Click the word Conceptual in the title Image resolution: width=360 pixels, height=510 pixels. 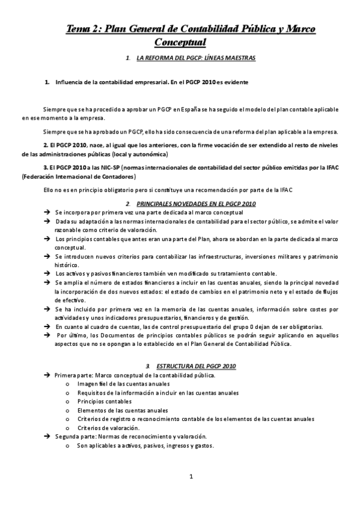[x=180, y=42]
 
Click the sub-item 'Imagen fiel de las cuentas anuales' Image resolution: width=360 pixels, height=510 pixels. [x=123, y=384]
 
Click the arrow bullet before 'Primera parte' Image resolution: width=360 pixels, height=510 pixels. [x=47, y=375]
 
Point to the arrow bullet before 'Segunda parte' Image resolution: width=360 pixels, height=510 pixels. [x=47, y=437]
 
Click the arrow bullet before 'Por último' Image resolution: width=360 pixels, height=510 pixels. [x=47, y=336]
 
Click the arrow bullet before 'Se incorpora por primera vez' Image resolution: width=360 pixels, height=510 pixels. [x=47, y=213]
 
